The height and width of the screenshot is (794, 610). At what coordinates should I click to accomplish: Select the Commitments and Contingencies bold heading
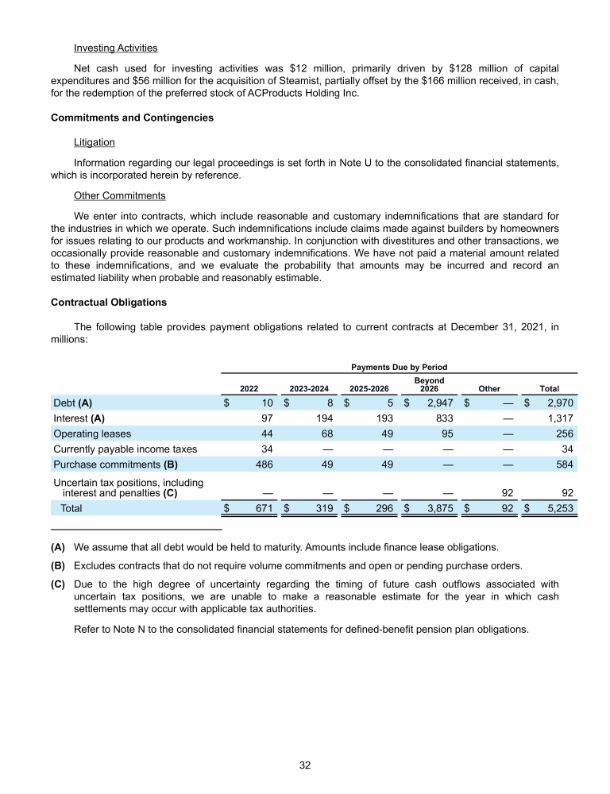[x=132, y=118]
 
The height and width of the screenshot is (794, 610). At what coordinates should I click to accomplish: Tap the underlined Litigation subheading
[x=94, y=142]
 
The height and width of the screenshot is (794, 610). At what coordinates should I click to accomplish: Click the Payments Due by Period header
[x=399, y=367]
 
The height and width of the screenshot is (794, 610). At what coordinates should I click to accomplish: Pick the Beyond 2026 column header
[x=429, y=385]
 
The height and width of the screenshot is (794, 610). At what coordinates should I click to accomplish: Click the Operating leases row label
[x=92, y=434]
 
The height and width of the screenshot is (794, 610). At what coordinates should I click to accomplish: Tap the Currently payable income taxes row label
[x=125, y=449]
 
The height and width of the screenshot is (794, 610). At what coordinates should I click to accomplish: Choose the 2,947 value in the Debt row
[x=438, y=403]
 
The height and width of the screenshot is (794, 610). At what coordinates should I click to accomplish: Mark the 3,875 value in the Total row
[x=438, y=508]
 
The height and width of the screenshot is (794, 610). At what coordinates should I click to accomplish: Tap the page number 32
[x=305, y=765]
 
